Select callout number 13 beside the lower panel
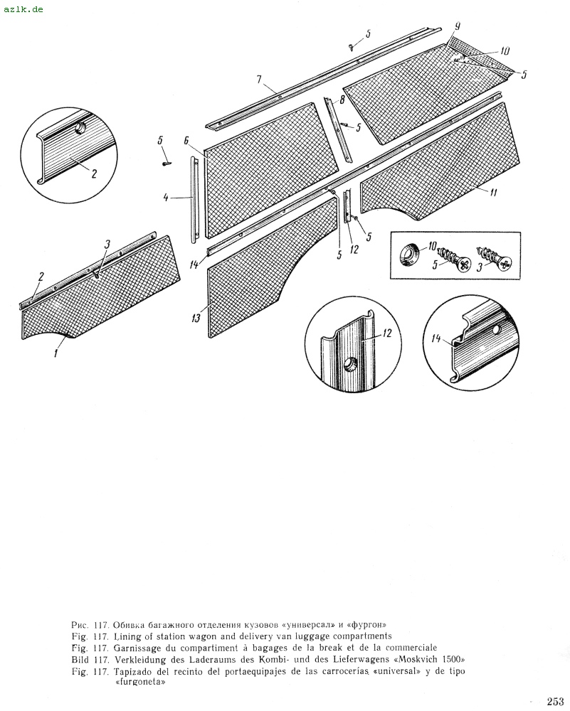[x=195, y=319]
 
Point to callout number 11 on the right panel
[x=493, y=190]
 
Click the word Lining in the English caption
[x=125, y=636]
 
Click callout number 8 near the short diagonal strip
[x=342, y=100]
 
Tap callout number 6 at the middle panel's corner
[x=186, y=141]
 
